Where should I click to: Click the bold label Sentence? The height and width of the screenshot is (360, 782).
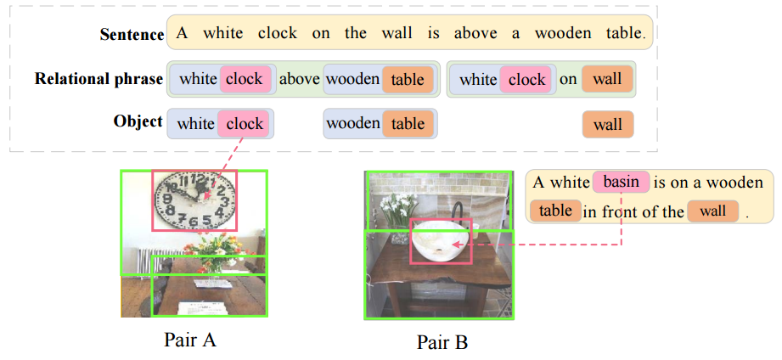[x=132, y=34]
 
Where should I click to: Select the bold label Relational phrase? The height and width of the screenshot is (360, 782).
[x=98, y=79]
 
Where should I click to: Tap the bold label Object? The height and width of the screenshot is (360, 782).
[x=138, y=121]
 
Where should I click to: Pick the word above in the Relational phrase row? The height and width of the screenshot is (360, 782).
[x=299, y=79]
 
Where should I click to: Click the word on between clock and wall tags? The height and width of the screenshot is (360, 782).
[x=568, y=79]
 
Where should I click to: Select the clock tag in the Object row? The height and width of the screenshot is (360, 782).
[x=245, y=124]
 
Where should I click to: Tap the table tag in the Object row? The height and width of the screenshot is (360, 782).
[x=408, y=124]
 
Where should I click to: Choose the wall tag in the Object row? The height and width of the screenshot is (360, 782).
[x=608, y=125]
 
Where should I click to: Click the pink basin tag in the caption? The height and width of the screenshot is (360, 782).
[x=621, y=182]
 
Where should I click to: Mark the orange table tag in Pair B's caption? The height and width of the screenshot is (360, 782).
[x=556, y=210]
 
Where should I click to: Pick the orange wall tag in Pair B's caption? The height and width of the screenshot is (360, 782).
[x=713, y=211]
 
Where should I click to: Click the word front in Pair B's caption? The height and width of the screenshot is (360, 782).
[x=621, y=211]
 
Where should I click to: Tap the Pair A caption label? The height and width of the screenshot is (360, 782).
[x=190, y=340]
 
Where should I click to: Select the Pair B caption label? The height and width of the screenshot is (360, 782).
[x=442, y=343]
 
